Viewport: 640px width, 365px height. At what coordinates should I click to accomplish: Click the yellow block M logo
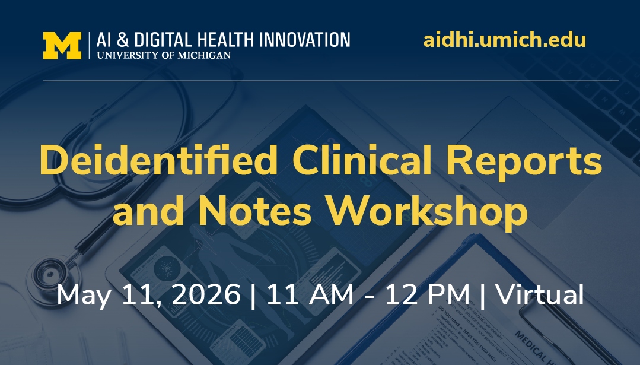62,46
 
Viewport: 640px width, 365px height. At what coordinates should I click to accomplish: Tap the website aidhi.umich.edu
505,40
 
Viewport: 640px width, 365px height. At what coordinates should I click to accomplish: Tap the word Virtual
540,295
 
